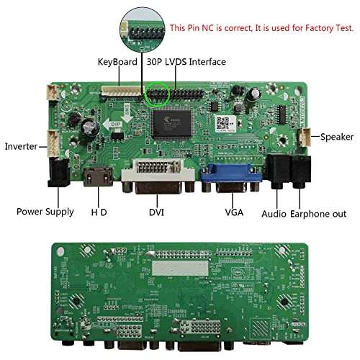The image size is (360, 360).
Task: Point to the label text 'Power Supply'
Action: pos(45,212)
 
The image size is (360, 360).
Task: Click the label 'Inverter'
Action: pos(21,146)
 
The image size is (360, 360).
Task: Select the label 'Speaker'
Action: pos(337,136)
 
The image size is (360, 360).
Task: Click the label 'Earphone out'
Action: pos(318,214)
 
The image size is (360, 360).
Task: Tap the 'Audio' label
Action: pos(274,214)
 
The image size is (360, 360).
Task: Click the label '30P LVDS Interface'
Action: pos(186,62)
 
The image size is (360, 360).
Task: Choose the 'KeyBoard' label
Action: pos(117,62)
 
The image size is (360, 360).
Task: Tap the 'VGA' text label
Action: pos(234,212)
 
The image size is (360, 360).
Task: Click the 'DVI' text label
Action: pos(157,212)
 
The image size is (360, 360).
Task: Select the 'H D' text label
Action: pos(99,212)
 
